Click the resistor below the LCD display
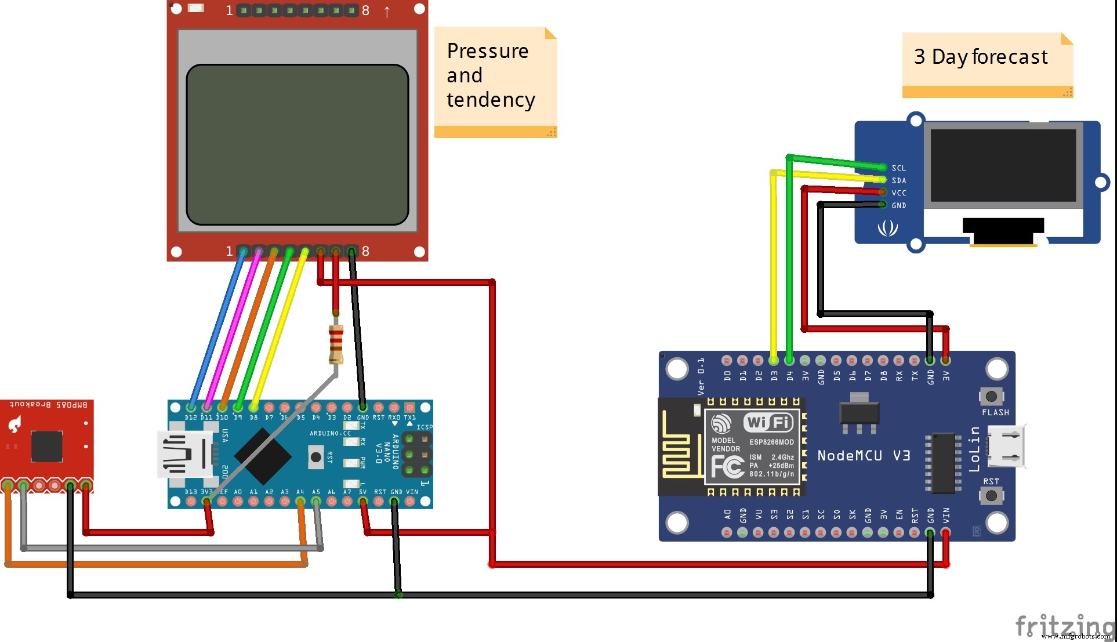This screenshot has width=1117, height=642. tap(336, 344)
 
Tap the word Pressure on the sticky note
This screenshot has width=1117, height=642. tap(488, 51)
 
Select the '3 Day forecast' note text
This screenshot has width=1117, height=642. tap(981, 57)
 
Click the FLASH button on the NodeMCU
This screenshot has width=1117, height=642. tap(991, 397)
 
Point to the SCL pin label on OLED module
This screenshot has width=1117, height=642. tap(898, 168)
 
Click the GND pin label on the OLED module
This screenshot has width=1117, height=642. tap(898, 205)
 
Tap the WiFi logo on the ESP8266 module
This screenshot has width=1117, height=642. tap(768, 422)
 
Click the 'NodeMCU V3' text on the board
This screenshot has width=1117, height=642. tap(864, 456)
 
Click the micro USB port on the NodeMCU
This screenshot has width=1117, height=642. tap(1008, 447)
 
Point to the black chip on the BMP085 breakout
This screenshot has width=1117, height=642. tap(46, 446)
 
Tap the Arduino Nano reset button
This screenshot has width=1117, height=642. tap(316, 457)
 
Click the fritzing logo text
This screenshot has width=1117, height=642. tap(1064, 626)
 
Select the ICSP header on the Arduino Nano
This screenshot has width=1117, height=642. tap(416, 455)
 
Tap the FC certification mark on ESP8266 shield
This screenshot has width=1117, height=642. tap(727, 466)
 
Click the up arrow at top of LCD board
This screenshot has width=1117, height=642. tap(387, 12)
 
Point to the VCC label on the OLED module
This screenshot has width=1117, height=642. tap(898, 193)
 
